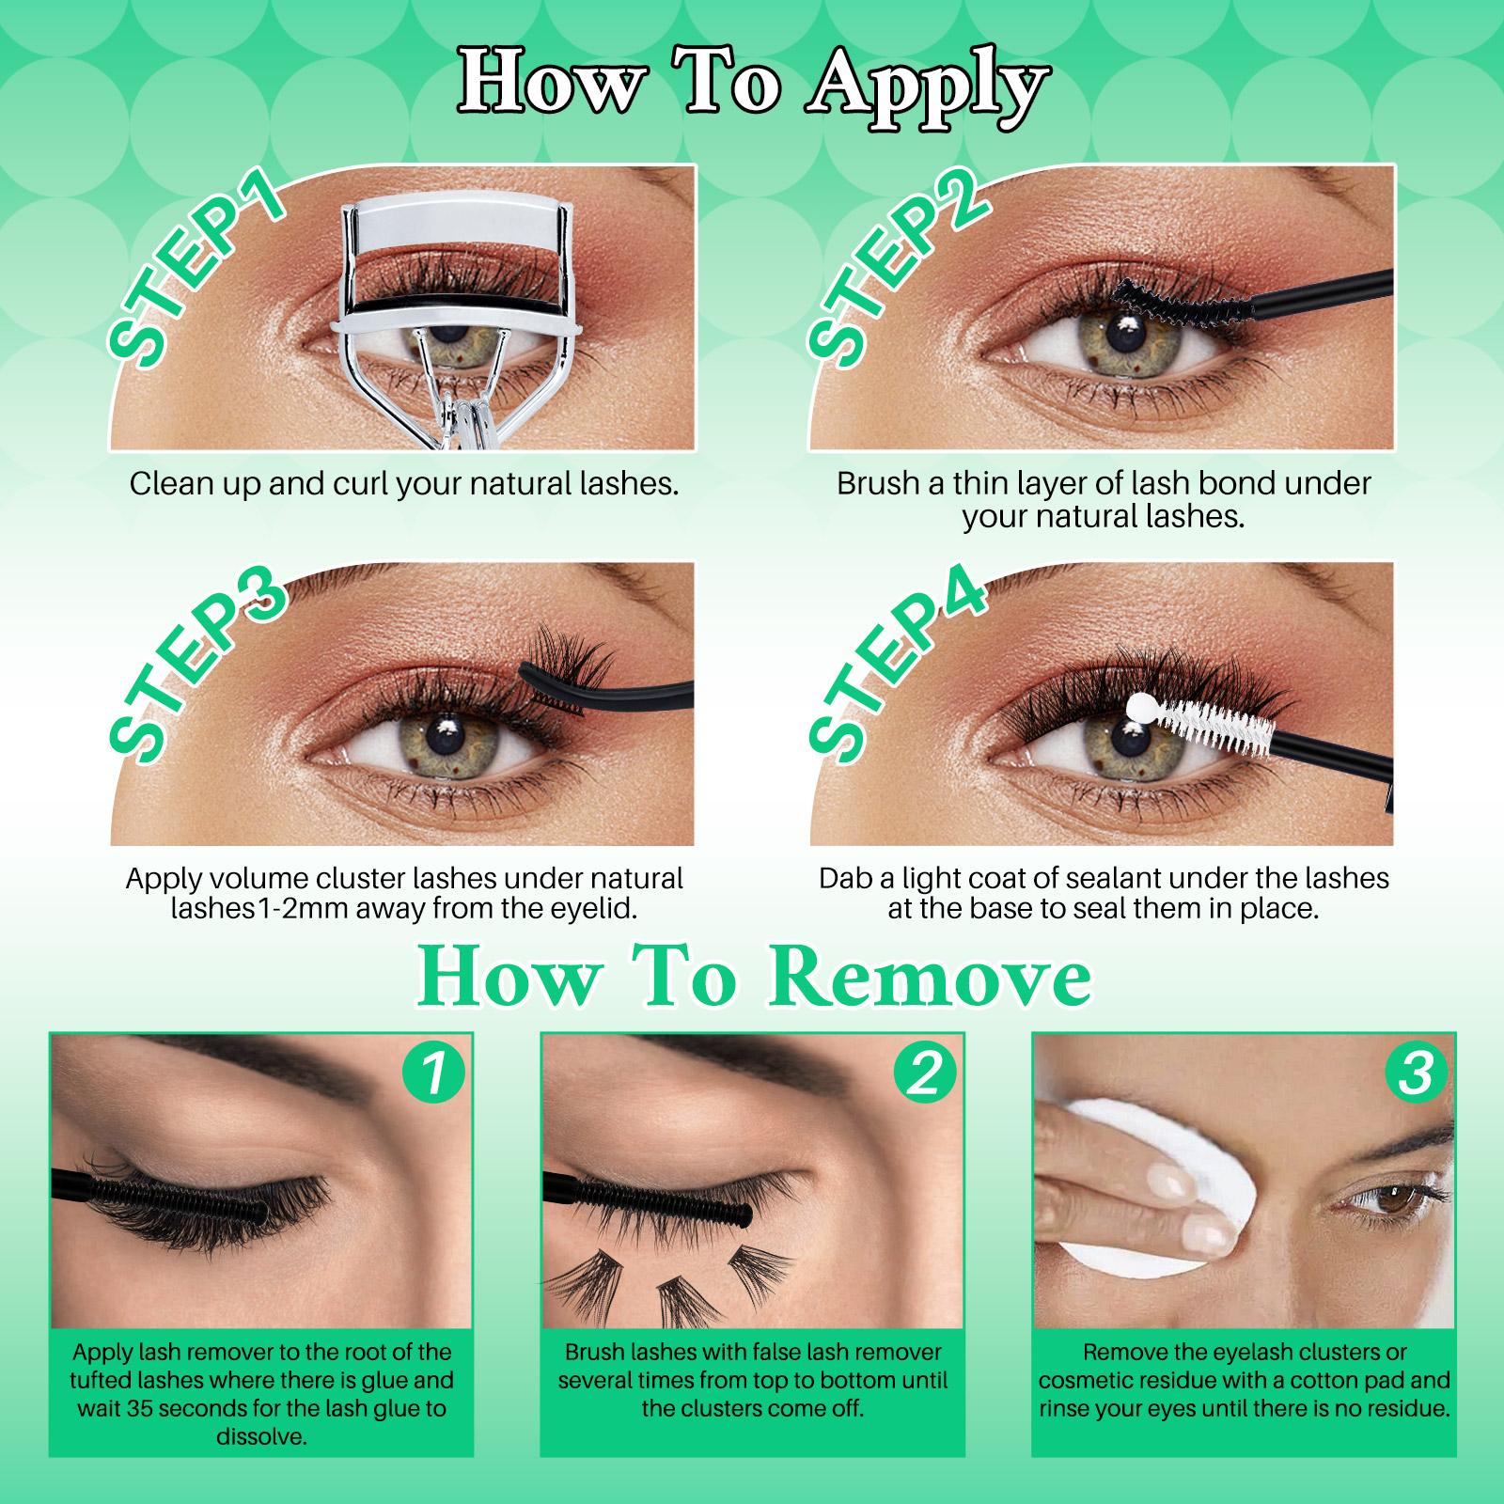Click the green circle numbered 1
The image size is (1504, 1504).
coord(432,1073)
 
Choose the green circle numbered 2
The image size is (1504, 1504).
coord(925,1073)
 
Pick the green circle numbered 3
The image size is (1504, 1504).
coord(1416,1073)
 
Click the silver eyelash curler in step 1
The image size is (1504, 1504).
coord(461,310)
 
